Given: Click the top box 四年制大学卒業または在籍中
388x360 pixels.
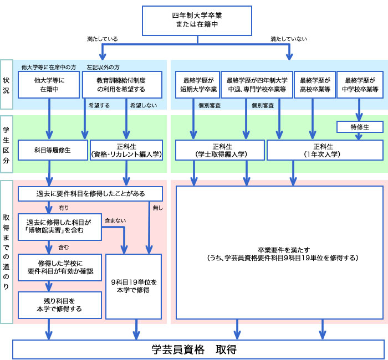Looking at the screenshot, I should (197, 20).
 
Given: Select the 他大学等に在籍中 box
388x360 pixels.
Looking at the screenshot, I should (49, 84).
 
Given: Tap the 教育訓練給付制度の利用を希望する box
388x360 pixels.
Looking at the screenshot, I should (121, 84).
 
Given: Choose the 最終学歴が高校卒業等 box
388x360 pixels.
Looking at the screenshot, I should (314, 84).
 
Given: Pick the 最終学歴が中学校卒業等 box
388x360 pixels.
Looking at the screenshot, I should (360, 84).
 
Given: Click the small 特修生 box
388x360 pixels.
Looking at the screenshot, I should (360, 127).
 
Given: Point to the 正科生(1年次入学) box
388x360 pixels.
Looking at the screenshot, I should (325, 150).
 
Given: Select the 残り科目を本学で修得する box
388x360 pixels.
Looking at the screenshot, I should (59, 305).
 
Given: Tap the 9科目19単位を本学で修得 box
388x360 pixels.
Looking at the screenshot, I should (134, 286).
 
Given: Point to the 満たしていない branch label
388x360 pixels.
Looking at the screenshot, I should (289, 39).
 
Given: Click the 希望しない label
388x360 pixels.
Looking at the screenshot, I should (140, 105).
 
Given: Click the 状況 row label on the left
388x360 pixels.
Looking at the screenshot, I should (7, 84).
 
